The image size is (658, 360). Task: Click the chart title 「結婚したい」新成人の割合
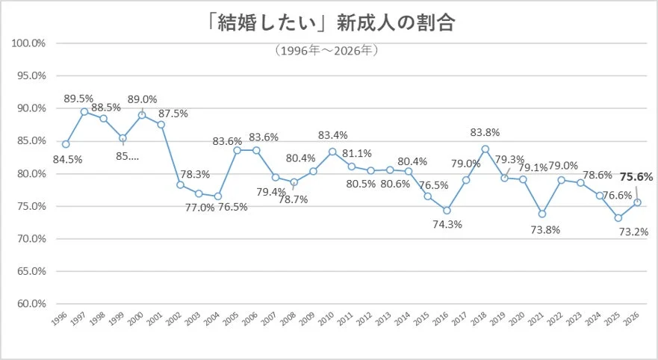[329, 24]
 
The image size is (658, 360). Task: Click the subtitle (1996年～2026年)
[329, 51]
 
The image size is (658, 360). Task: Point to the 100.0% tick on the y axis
[30, 43]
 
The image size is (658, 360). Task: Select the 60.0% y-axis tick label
[30, 304]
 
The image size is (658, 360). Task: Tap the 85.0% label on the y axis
[30, 140]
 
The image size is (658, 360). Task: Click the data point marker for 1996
[66, 144]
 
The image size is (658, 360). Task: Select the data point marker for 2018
[485, 149]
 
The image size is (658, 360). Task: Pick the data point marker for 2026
[637, 202]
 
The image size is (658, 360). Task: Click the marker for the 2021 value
[542, 214]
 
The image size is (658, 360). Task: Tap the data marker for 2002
[180, 184]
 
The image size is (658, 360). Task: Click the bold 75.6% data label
[636, 177]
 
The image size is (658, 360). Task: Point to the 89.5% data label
[78, 98]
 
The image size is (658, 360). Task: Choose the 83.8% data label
[485, 132]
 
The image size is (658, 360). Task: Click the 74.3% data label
[447, 225]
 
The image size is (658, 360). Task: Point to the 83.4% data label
[333, 135]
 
